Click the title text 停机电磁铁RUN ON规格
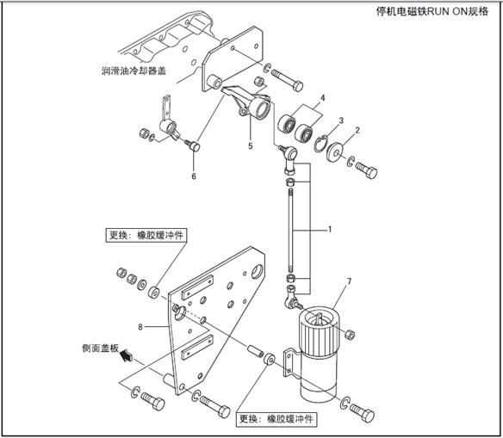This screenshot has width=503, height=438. pyautogui.click(x=432, y=11)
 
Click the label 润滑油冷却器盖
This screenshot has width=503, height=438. pyautogui.click(x=134, y=71)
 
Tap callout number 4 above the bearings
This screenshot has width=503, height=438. pyautogui.click(x=322, y=98)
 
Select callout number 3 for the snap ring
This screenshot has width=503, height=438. pyautogui.click(x=341, y=120)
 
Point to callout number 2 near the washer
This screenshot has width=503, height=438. pyautogui.click(x=357, y=130)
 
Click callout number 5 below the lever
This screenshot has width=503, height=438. pyautogui.click(x=251, y=146)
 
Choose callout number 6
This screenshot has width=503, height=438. pyautogui.click(x=194, y=176)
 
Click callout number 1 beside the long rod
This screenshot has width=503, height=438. pyautogui.click(x=330, y=230)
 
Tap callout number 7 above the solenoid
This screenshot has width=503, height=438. pyautogui.click(x=349, y=281)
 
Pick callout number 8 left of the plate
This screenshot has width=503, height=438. pyautogui.click(x=140, y=327)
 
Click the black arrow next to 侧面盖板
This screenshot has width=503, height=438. pyautogui.click(x=127, y=355)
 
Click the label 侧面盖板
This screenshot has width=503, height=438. pyautogui.click(x=101, y=348)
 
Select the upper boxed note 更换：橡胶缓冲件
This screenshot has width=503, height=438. pyautogui.click(x=146, y=235)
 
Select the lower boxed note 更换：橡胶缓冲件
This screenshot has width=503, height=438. pyautogui.click(x=276, y=419)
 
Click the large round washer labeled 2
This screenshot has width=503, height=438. pyautogui.click(x=334, y=151)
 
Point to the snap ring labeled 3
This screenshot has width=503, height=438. pyautogui.click(x=320, y=145)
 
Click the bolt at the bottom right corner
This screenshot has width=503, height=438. pyautogui.click(x=362, y=413)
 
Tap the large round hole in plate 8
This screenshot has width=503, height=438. pyautogui.click(x=258, y=272)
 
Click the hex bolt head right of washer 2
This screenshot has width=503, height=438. pyautogui.click(x=371, y=172)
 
